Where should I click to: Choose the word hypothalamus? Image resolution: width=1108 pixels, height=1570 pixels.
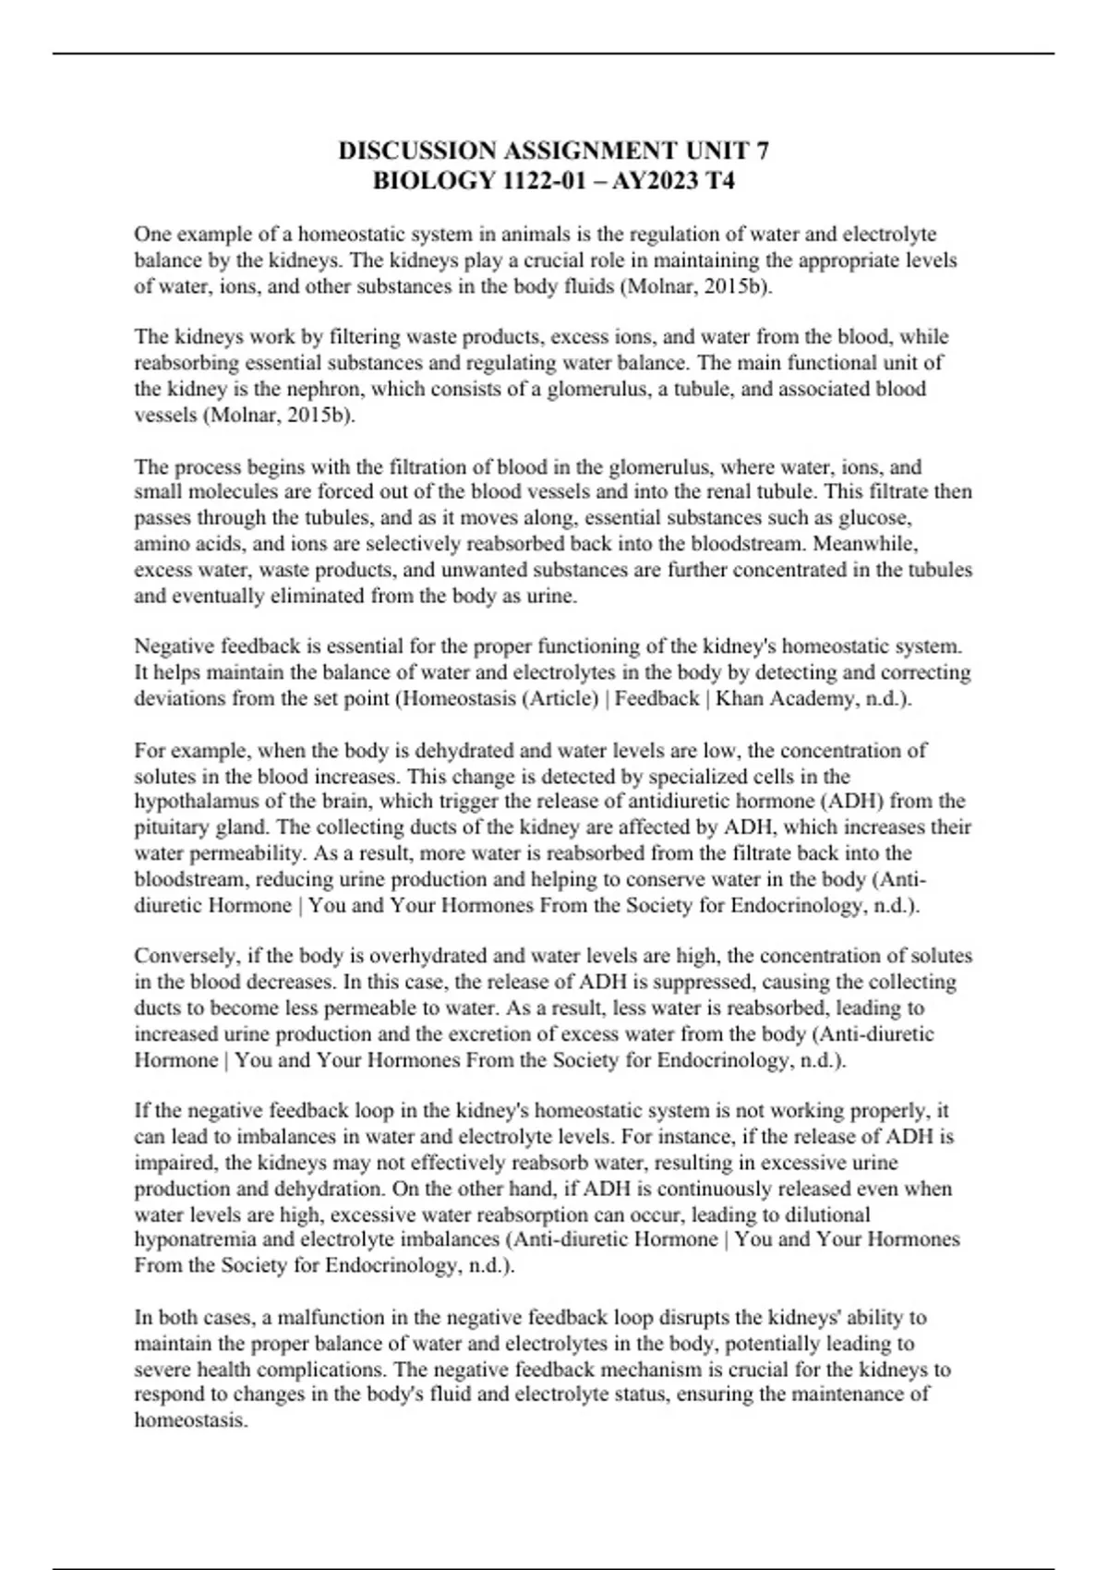195,802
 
